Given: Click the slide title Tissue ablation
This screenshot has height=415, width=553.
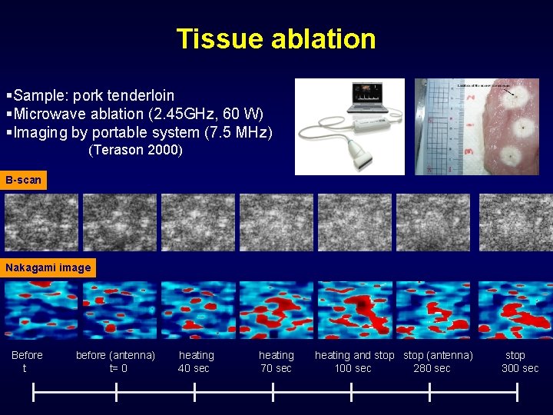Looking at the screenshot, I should click(x=276, y=38).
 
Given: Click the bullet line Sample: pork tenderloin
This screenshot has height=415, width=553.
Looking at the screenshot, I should click(x=91, y=96).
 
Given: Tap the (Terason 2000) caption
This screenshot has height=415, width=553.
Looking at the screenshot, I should click(x=135, y=150).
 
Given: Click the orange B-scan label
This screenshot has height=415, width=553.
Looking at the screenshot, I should click(x=23, y=181).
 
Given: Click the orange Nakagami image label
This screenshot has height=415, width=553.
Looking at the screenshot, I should click(x=48, y=268).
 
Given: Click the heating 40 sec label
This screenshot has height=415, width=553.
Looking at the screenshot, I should click(x=196, y=361).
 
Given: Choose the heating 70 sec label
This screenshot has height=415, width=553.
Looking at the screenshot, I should click(x=276, y=361).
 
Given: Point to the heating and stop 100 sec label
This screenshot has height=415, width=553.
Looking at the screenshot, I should click(x=354, y=361).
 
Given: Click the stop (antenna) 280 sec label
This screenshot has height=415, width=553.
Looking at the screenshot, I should click(x=438, y=361).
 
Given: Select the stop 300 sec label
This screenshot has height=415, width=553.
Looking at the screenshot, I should click(x=518, y=361).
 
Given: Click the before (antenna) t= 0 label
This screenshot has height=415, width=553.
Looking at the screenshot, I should click(x=116, y=361).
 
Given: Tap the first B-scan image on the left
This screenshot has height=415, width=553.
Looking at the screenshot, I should click(x=41, y=222).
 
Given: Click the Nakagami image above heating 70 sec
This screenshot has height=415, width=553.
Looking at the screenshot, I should click(x=276, y=310).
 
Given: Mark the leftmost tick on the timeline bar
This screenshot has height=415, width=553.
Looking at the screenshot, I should click(x=33, y=392).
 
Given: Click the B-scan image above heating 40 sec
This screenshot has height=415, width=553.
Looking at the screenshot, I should click(x=197, y=222).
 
